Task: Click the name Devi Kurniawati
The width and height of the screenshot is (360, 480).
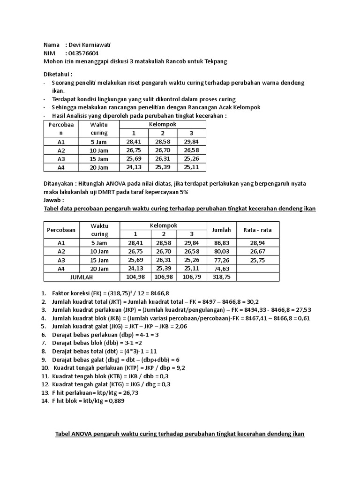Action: click(93, 45)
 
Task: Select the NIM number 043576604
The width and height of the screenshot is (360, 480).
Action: click(83, 53)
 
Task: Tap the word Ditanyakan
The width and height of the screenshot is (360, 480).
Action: click(60, 184)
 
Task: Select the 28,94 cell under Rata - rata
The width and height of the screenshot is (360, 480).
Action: click(257, 243)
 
